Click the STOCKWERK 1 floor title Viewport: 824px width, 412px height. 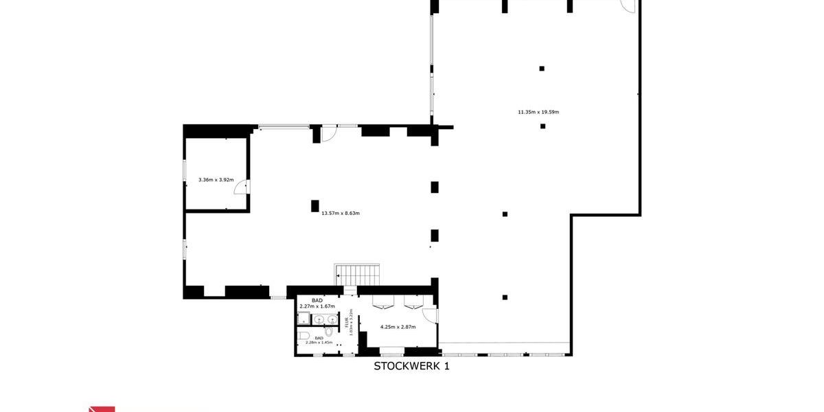tap(411, 366)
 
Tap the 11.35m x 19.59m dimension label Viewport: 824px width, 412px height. tap(538, 112)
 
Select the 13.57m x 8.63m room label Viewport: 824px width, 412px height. tap(341, 213)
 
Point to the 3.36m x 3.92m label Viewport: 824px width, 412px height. tap(216, 180)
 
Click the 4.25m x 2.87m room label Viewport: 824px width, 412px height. tap(398, 327)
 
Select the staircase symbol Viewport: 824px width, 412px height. tap(357, 274)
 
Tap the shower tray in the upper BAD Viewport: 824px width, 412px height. tap(304, 318)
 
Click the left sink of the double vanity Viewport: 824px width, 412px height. tap(319, 320)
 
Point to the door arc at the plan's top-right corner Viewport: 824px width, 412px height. tap(629, 7)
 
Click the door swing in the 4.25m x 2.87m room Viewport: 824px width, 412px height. tap(431, 315)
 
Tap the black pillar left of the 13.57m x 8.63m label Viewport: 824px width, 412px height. tap(314, 205)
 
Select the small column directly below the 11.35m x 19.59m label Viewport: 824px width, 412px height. tap(542, 126)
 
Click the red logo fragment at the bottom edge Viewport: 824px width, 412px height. tap(102, 409)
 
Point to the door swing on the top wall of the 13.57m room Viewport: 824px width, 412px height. tap(329, 134)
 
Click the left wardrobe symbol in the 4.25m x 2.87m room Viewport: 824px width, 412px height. tap(383, 303)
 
